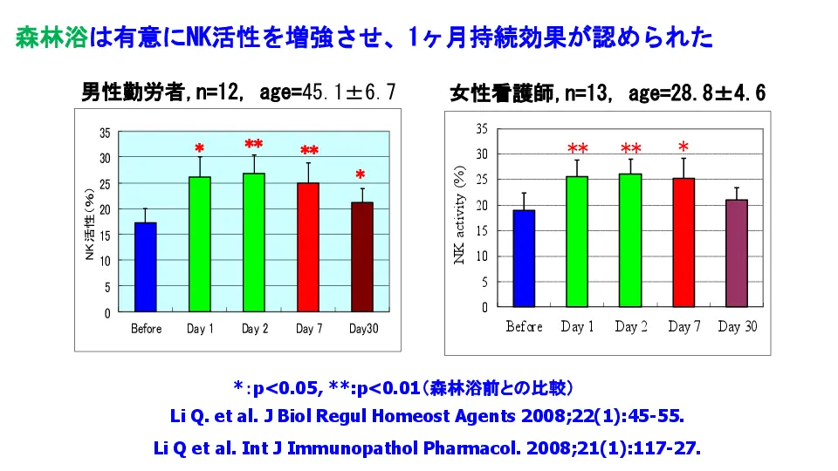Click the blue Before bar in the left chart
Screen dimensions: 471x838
pos(146,267)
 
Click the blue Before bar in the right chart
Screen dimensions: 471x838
pos(524,258)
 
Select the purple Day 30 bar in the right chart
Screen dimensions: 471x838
pos(738,253)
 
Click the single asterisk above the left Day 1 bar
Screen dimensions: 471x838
pos(200,149)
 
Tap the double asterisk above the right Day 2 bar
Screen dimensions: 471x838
pos(631,148)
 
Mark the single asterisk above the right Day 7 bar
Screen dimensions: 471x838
pos(683,147)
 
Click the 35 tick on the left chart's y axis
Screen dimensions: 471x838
pos(105,133)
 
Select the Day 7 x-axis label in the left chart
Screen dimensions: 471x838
pos(307,329)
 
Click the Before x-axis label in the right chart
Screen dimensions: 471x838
pos(524,326)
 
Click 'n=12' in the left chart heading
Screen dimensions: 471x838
pos(218,92)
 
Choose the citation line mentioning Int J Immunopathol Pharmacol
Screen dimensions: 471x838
pos(427,448)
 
